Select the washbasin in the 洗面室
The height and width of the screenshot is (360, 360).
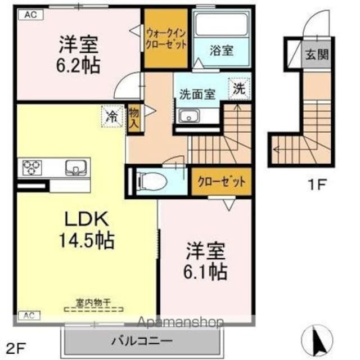pyautogui.click(x=188, y=116)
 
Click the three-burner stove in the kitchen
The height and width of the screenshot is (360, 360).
pyautogui.click(x=31, y=166)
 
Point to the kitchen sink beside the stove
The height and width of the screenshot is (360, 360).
pyautogui.click(x=74, y=167)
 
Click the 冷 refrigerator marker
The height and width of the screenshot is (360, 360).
pyautogui.click(x=111, y=117)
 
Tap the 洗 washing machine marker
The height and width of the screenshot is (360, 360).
pyautogui.click(x=239, y=88)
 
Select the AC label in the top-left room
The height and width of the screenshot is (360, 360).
pyautogui.click(x=31, y=15)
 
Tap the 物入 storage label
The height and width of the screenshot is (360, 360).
pyautogui.click(x=133, y=119)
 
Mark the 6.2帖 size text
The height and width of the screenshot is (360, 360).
pyautogui.click(x=78, y=65)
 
